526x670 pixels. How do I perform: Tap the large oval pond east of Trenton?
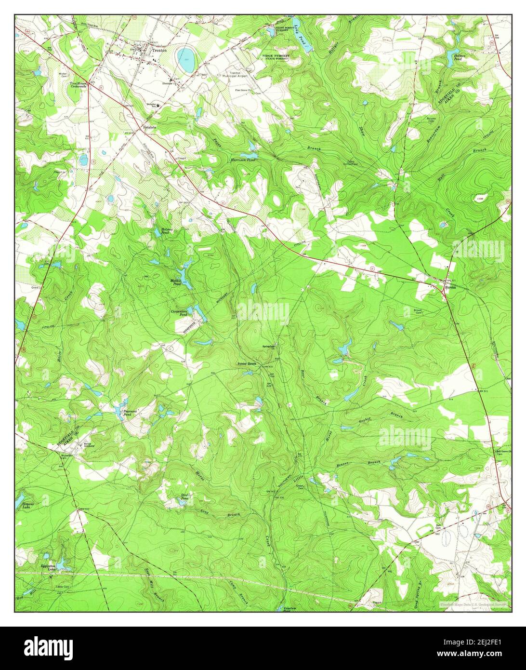[x=186, y=58]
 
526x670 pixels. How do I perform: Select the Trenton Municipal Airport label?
[x=237, y=76]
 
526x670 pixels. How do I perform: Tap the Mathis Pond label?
[x=176, y=282]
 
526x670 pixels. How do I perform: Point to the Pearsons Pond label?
[x=130, y=413]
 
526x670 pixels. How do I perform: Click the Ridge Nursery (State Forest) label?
[x=276, y=57]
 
